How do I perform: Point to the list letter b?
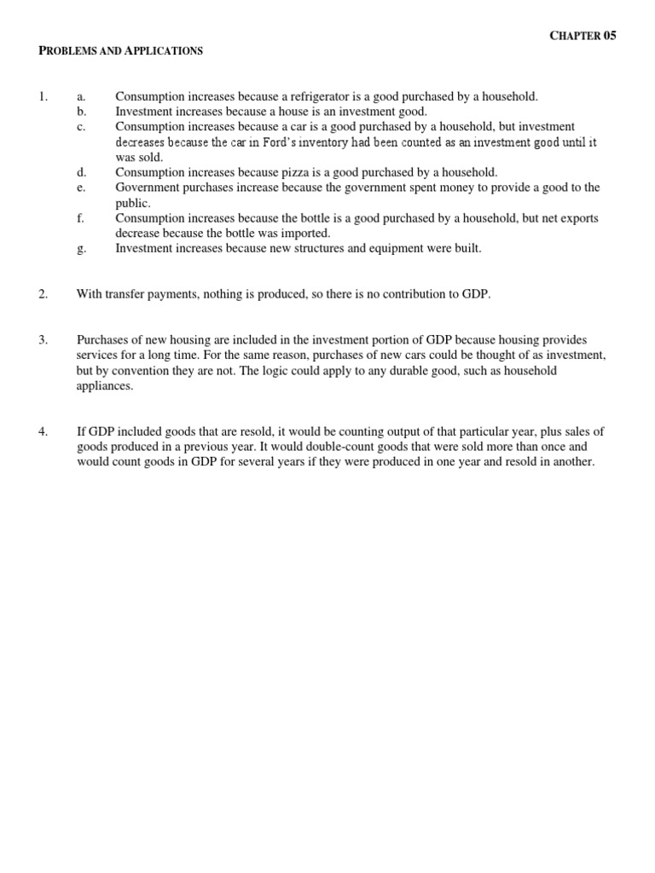coord(82,112)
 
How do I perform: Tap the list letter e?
coord(81,188)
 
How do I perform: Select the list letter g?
coord(82,248)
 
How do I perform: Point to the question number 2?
coord(43,294)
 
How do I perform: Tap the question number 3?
coord(43,339)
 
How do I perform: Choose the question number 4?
coord(43,431)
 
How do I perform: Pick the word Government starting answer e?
coord(148,188)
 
